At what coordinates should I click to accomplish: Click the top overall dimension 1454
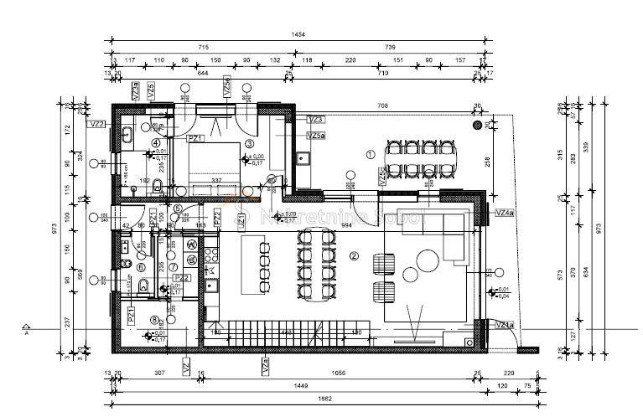pyautogui.click(x=299, y=35)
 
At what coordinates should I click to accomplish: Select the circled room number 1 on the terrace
pyautogui.click(x=370, y=154)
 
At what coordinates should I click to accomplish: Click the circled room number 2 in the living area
pyautogui.click(x=354, y=256)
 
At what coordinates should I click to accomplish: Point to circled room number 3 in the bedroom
pyautogui.click(x=249, y=144)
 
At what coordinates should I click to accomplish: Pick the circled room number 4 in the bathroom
pyautogui.click(x=155, y=144)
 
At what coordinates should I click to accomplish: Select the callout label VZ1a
pyautogui.click(x=505, y=325)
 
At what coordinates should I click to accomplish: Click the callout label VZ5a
pyautogui.click(x=316, y=136)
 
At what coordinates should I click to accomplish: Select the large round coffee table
pyautogui.click(x=417, y=276)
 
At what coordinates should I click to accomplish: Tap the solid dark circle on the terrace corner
pyautogui.click(x=478, y=125)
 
